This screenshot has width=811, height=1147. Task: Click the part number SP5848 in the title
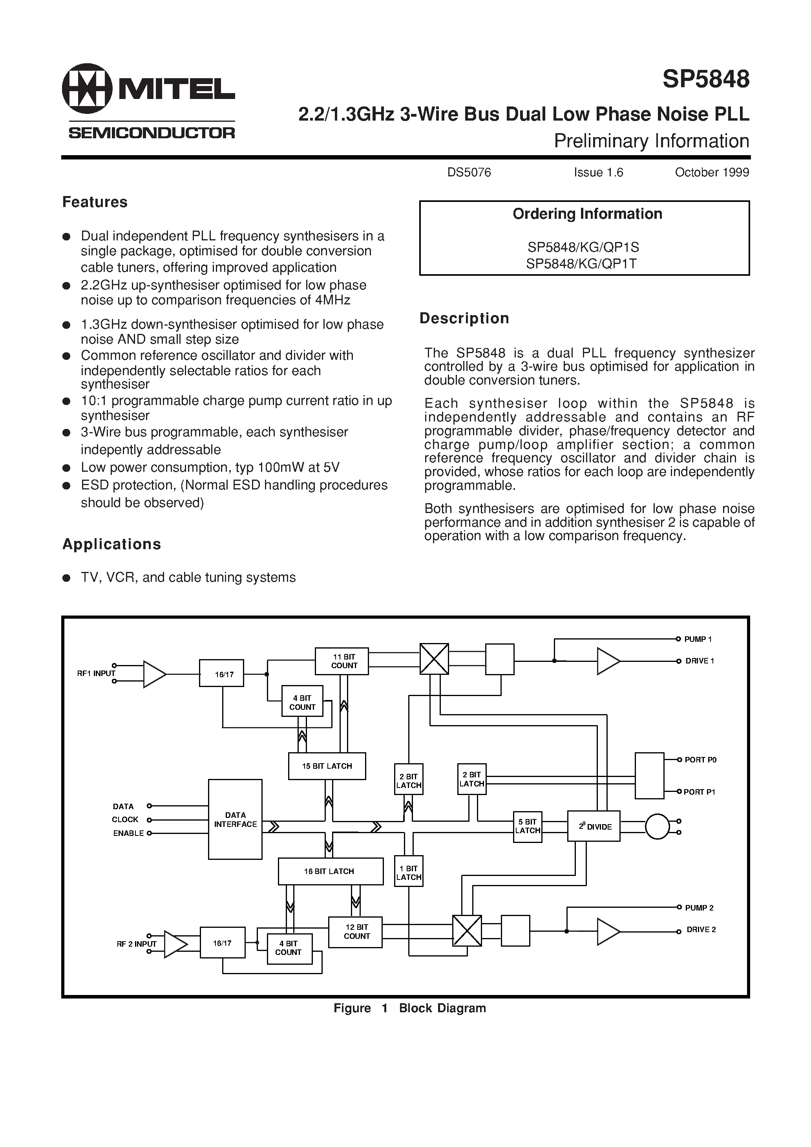[706, 79]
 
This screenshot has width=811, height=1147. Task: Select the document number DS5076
[469, 172]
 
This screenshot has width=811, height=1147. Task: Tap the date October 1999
[712, 172]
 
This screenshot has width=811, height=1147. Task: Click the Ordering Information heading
[587, 214]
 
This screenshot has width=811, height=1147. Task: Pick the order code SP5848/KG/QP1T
[581, 264]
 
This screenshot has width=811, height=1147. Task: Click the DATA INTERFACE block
[235, 819]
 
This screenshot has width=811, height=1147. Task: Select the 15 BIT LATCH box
[327, 766]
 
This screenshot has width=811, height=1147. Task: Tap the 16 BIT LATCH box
[330, 871]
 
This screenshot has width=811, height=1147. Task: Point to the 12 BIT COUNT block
[356, 932]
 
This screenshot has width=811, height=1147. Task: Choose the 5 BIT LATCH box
[527, 826]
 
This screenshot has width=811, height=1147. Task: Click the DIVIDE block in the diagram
[594, 826]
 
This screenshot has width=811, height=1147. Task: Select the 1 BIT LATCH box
[409, 873]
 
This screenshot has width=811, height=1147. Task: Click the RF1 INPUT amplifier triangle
[154, 674]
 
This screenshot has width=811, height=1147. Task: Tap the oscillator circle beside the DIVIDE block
[657, 826]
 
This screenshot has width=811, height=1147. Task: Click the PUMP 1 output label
[698, 639]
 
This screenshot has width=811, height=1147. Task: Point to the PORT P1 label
[699, 792]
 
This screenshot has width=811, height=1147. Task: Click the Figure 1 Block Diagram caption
[409, 1008]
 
